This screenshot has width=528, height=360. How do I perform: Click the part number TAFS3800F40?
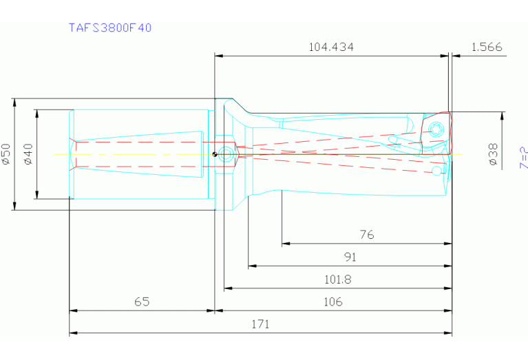pos(110,28)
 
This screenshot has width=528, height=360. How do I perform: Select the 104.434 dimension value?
pos(332,47)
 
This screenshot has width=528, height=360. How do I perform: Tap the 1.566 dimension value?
pos(487,47)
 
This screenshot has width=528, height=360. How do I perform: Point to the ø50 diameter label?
pos(6,153)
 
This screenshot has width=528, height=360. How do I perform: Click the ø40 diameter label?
pos(28,153)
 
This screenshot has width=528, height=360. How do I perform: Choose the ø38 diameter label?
pos(493,154)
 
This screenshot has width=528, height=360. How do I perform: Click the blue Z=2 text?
pos(523,158)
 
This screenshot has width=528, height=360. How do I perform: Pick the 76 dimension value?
pos(367,235)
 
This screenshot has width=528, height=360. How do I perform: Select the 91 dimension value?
pos(350,257)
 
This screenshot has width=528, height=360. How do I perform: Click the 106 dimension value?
pos(332,301)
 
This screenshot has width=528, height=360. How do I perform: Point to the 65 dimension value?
pos(142,301)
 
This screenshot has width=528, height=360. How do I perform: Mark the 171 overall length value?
pos(260,324)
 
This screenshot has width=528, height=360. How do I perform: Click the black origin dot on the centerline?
pos(215,153)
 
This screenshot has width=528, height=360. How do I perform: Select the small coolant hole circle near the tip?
pos(436,170)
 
